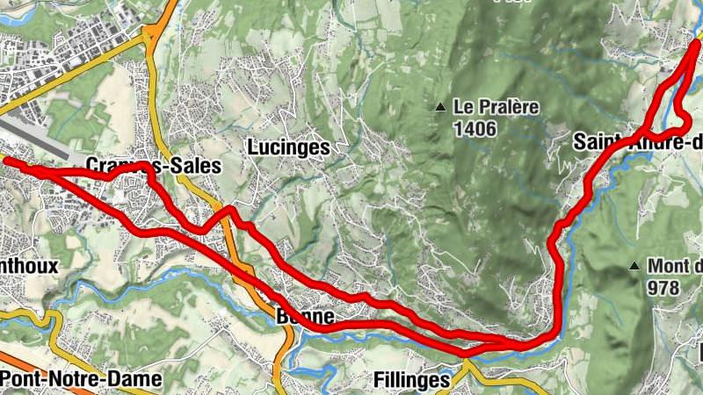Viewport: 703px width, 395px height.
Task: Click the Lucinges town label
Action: pyautogui.click(x=288, y=147)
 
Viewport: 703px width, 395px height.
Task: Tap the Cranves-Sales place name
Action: pyautogui.click(x=153, y=166)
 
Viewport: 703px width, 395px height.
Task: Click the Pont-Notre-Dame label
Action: pyautogui.click(x=82, y=379)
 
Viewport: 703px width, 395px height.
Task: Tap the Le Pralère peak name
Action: pyautogui.click(x=496, y=108)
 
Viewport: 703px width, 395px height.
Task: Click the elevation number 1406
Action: pyautogui.click(x=475, y=129)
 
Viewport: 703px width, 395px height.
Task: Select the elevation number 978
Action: pyautogui.click(x=665, y=286)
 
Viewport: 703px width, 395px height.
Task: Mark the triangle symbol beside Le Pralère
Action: pyautogui.click(x=439, y=108)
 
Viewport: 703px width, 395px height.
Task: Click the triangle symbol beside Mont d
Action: pyautogui.click(x=634, y=265)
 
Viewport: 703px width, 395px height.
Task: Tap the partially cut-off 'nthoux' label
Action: pyautogui.click(x=29, y=265)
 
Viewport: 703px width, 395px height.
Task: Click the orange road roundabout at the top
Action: pyautogui.click(x=152, y=33)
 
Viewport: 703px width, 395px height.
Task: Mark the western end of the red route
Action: pyautogui.click(x=7, y=161)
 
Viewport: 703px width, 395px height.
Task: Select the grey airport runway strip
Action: pyautogui.click(x=35, y=137)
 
